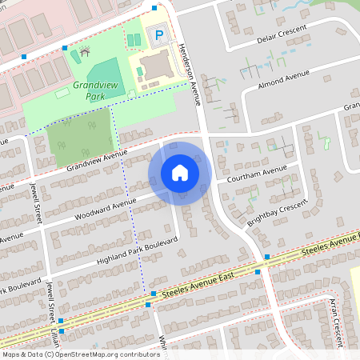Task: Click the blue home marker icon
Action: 180,173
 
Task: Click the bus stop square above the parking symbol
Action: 154,7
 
